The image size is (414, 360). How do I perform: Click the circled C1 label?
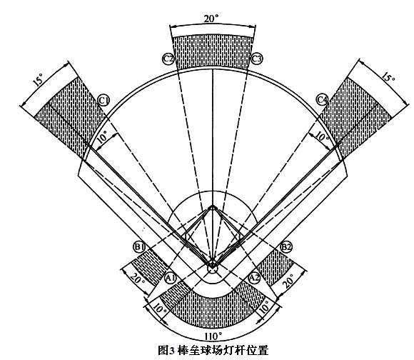click(103, 101)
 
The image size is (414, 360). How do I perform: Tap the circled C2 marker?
click(168, 59)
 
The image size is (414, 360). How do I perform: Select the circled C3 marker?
click(257, 59)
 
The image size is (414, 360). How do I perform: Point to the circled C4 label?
click(323, 100)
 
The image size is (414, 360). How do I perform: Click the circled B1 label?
click(139, 247)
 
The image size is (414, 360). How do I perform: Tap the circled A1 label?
click(171, 278)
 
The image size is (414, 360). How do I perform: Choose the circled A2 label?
click(255, 278)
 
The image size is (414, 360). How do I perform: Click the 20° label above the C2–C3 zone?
click(211, 19)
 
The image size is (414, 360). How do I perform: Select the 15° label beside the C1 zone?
click(39, 79)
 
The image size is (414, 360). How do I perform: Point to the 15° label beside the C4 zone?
click(388, 76)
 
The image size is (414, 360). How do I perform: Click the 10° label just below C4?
click(323, 136)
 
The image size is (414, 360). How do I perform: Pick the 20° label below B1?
click(137, 278)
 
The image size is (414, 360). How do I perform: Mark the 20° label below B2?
click(288, 281)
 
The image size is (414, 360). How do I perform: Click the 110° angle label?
click(213, 336)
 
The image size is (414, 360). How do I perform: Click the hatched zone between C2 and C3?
click(213, 52)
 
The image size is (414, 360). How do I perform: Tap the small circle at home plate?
click(212, 269)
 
